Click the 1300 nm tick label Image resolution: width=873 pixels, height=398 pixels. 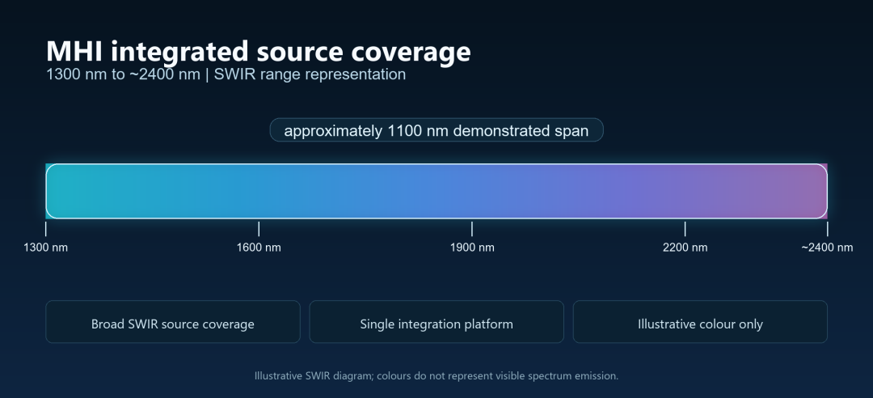[x=45, y=248]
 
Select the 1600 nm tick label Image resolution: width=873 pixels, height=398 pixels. [x=259, y=248]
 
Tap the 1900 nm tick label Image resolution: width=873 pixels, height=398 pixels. [x=472, y=248]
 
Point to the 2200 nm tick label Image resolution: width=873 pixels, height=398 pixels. [x=685, y=248]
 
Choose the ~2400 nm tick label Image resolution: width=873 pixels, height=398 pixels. [x=828, y=248]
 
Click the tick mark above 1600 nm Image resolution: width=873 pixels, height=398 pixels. [x=259, y=229]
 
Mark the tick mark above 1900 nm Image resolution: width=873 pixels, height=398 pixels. [x=472, y=229]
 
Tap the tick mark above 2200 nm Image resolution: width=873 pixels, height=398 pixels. [x=685, y=229]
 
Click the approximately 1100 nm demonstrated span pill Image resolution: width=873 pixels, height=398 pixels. [x=436, y=130]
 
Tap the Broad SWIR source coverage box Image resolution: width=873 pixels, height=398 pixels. [x=173, y=322]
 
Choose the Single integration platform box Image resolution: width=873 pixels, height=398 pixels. [x=436, y=322]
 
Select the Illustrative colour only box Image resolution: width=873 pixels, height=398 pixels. [x=700, y=322]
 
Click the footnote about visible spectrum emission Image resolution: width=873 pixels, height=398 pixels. [x=436, y=375]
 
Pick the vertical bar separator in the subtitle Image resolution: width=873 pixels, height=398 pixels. [x=207, y=74]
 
